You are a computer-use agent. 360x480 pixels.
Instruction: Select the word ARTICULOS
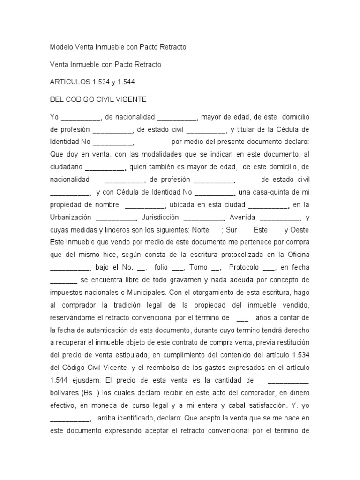(x=68, y=82)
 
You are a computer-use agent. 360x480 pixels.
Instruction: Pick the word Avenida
(x=241, y=217)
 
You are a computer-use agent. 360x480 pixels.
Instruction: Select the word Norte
(x=201, y=230)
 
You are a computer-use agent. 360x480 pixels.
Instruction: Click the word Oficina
(x=293, y=255)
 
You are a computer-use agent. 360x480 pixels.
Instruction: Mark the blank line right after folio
(x=178, y=269)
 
